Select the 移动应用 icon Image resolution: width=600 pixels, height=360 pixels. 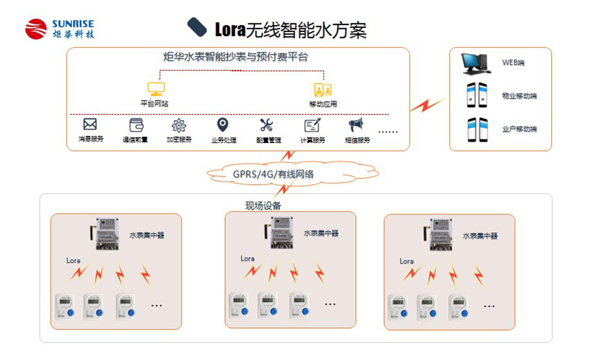[x=323, y=90]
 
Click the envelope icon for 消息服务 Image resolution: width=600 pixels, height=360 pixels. [x=90, y=124]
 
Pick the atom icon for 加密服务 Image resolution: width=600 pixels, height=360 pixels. [x=179, y=125]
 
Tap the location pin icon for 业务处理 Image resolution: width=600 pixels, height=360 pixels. [x=223, y=125]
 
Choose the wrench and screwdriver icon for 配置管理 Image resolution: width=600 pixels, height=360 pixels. [x=267, y=125]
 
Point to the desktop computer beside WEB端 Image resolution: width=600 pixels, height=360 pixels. [x=475, y=63]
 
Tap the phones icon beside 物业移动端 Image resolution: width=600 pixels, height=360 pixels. [x=476, y=95]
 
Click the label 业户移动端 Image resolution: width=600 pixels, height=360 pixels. [x=519, y=129]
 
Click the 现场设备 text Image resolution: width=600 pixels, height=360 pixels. [x=263, y=206]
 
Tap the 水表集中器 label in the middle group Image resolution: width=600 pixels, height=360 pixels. [x=321, y=233]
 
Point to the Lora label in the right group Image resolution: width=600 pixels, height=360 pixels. [x=406, y=261]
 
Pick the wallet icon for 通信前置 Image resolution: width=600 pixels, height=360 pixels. [x=135, y=125]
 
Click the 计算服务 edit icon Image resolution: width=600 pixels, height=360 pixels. [x=312, y=125]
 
